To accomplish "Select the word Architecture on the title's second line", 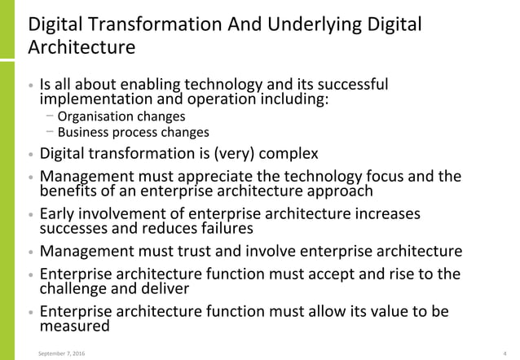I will [82, 47].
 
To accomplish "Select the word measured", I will [74, 326].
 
